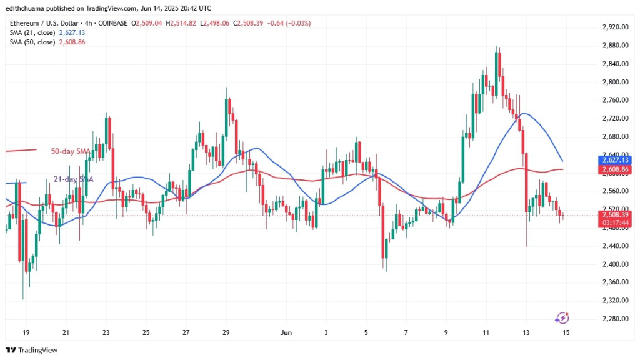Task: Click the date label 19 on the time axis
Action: coord(26,332)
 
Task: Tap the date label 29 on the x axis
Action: coord(226,332)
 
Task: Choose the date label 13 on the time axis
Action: coord(526,332)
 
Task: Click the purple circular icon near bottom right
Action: coord(561,318)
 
